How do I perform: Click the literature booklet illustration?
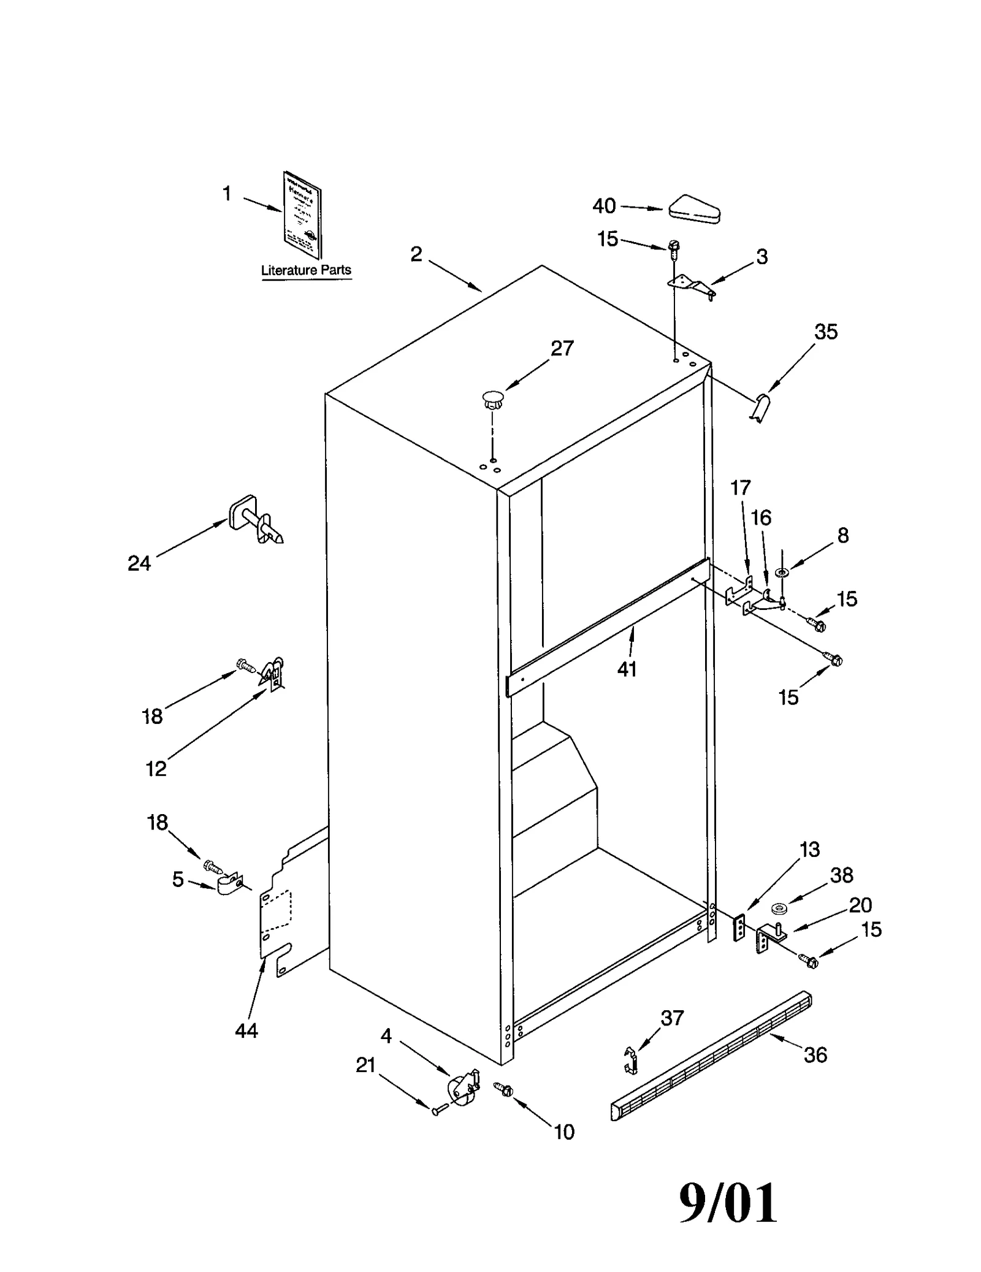point(303,215)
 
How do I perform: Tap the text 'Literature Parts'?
point(306,270)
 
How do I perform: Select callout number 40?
point(604,206)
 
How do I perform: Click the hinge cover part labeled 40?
point(694,209)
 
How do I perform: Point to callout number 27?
point(562,348)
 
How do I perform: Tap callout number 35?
point(825,332)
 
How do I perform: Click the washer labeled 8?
point(782,573)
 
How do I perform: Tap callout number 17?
point(740,488)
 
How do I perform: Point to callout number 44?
point(246,1031)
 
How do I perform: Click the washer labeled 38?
point(779,907)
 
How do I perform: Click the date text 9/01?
point(728,1203)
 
